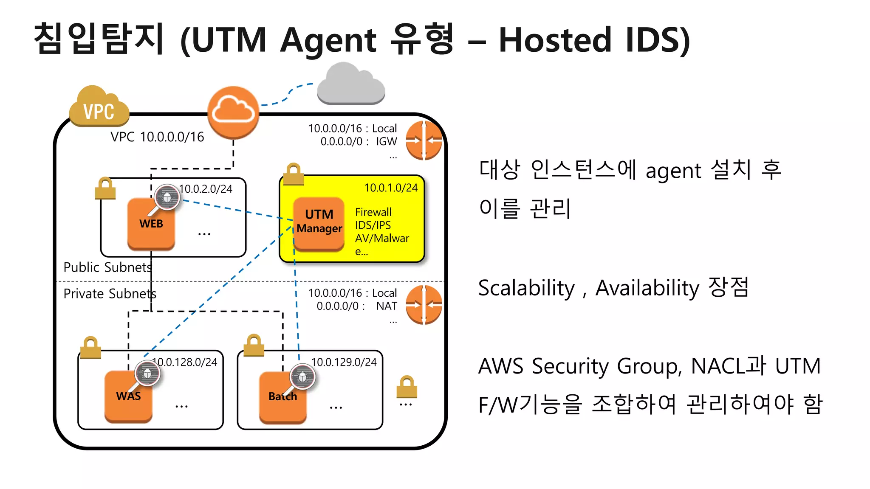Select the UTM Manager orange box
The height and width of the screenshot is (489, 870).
click(x=319, y=223)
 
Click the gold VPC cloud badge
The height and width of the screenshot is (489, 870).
click(x=99, y=108)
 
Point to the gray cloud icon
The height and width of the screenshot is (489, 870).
click(x=351, y=85)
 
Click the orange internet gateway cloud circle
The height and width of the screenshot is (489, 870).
click(x=233, y=112)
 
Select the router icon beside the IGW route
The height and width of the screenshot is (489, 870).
click(x=424, y=141)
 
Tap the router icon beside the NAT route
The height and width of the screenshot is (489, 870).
click(x=424, y=305)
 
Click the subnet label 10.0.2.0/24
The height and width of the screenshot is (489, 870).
click(x=206, y=189)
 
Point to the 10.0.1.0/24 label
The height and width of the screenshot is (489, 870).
click(x=391, y=188)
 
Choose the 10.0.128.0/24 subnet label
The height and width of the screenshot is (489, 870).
click(x=185, y=362)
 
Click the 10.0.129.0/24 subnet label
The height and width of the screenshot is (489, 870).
click(x=344, y=362)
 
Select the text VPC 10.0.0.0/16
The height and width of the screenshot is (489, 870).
click(x=157, y=137)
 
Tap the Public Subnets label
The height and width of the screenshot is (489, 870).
click(x=107, y=267)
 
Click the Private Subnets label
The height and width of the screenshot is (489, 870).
click(x=110, y=294)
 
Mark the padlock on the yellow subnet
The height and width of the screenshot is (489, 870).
click(x=294, y=174)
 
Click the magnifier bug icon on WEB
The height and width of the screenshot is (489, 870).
click(x=167, y=197)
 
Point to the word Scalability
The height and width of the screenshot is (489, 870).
click(x=526, y=288)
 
